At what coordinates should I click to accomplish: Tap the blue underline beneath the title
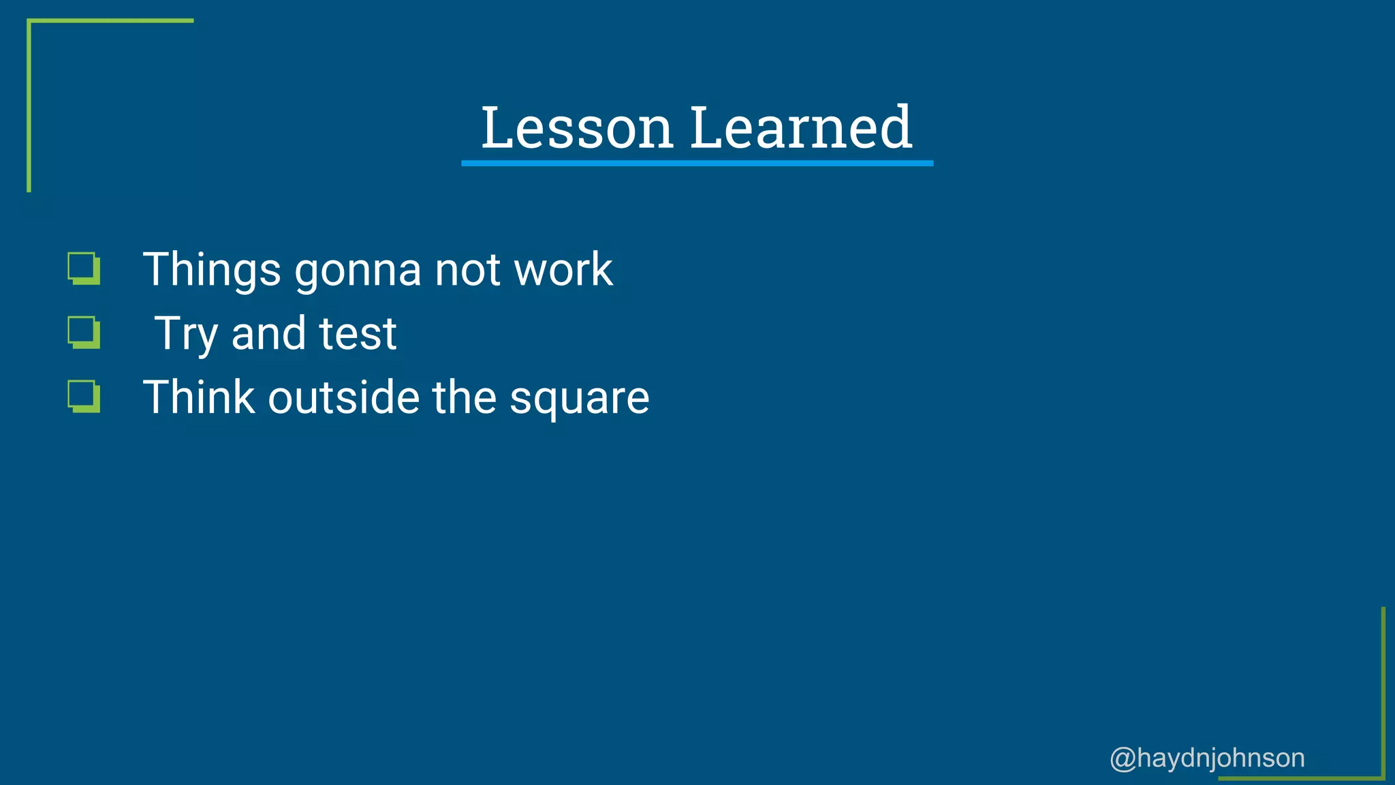click(x=697, y=164)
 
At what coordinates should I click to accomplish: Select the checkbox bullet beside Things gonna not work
click(x=84, y=268)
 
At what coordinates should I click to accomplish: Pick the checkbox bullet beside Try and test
click(x=84, y=333)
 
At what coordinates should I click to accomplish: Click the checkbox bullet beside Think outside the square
click(x=84, y=397)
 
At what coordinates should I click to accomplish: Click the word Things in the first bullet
click(x=212, y=270)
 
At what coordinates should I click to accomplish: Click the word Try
click(x=186, y=334)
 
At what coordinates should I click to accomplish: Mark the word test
click(x=358, y=334)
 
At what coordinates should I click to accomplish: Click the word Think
click(x=199, y=397)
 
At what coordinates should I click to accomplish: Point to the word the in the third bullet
click(x=465, y=397)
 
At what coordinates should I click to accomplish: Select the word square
click(x=580, y=399)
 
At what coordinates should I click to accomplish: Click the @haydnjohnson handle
click(x=1207, y=758)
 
